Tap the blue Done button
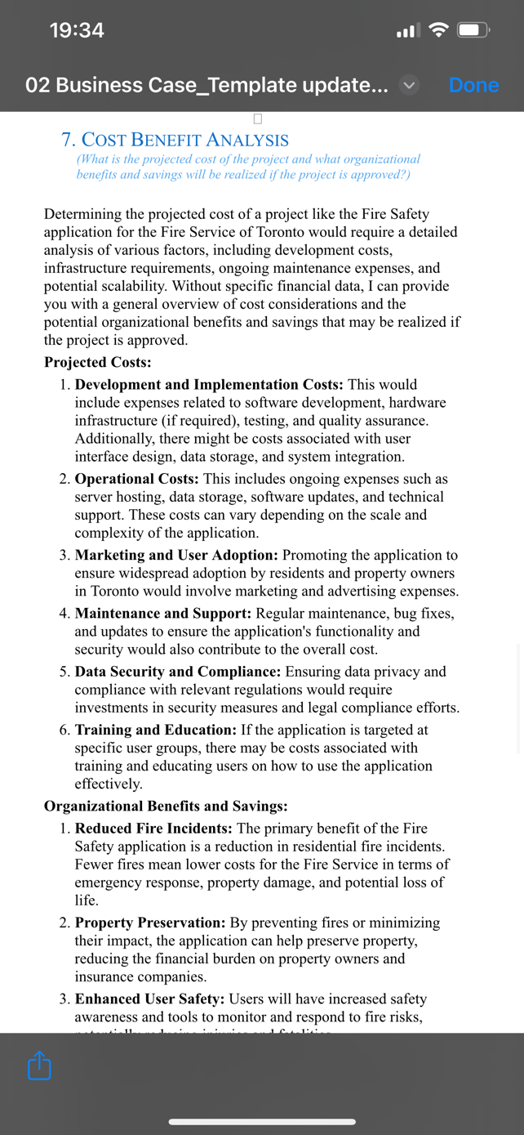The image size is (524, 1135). pos(473,85)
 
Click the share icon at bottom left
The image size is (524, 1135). pos(39,1066)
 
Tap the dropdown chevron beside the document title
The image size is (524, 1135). pos(409,85)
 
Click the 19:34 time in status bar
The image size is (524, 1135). pos(77,30)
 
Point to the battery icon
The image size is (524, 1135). pos(473,31)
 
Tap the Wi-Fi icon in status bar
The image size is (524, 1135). pos(439,30)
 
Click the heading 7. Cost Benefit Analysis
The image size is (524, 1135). pos(175,140)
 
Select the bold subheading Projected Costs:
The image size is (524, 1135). pos(97,362)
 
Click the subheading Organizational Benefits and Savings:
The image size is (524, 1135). pos(165,806)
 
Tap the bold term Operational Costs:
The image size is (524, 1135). pos(137,479)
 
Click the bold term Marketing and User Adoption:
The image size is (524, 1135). pos(176,556)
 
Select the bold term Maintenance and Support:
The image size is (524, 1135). pos(163,614)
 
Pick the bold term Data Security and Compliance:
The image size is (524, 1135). pos(178,672)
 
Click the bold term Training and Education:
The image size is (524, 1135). pos(154,730)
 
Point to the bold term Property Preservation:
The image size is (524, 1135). pos(150,923)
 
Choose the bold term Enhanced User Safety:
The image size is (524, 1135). pos(150,999)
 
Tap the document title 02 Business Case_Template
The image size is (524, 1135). pos(206,85)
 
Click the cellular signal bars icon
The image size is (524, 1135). pos(407,31)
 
